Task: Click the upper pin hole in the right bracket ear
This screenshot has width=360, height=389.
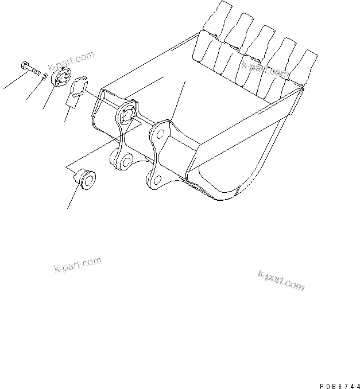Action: click(x=161, y=134)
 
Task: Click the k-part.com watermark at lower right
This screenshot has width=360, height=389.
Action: click(x=281, y=281)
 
